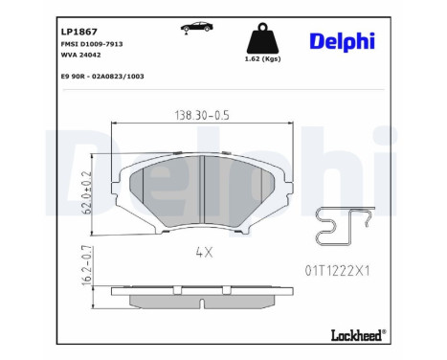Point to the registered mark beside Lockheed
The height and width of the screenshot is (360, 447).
(x=384, y=330)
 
